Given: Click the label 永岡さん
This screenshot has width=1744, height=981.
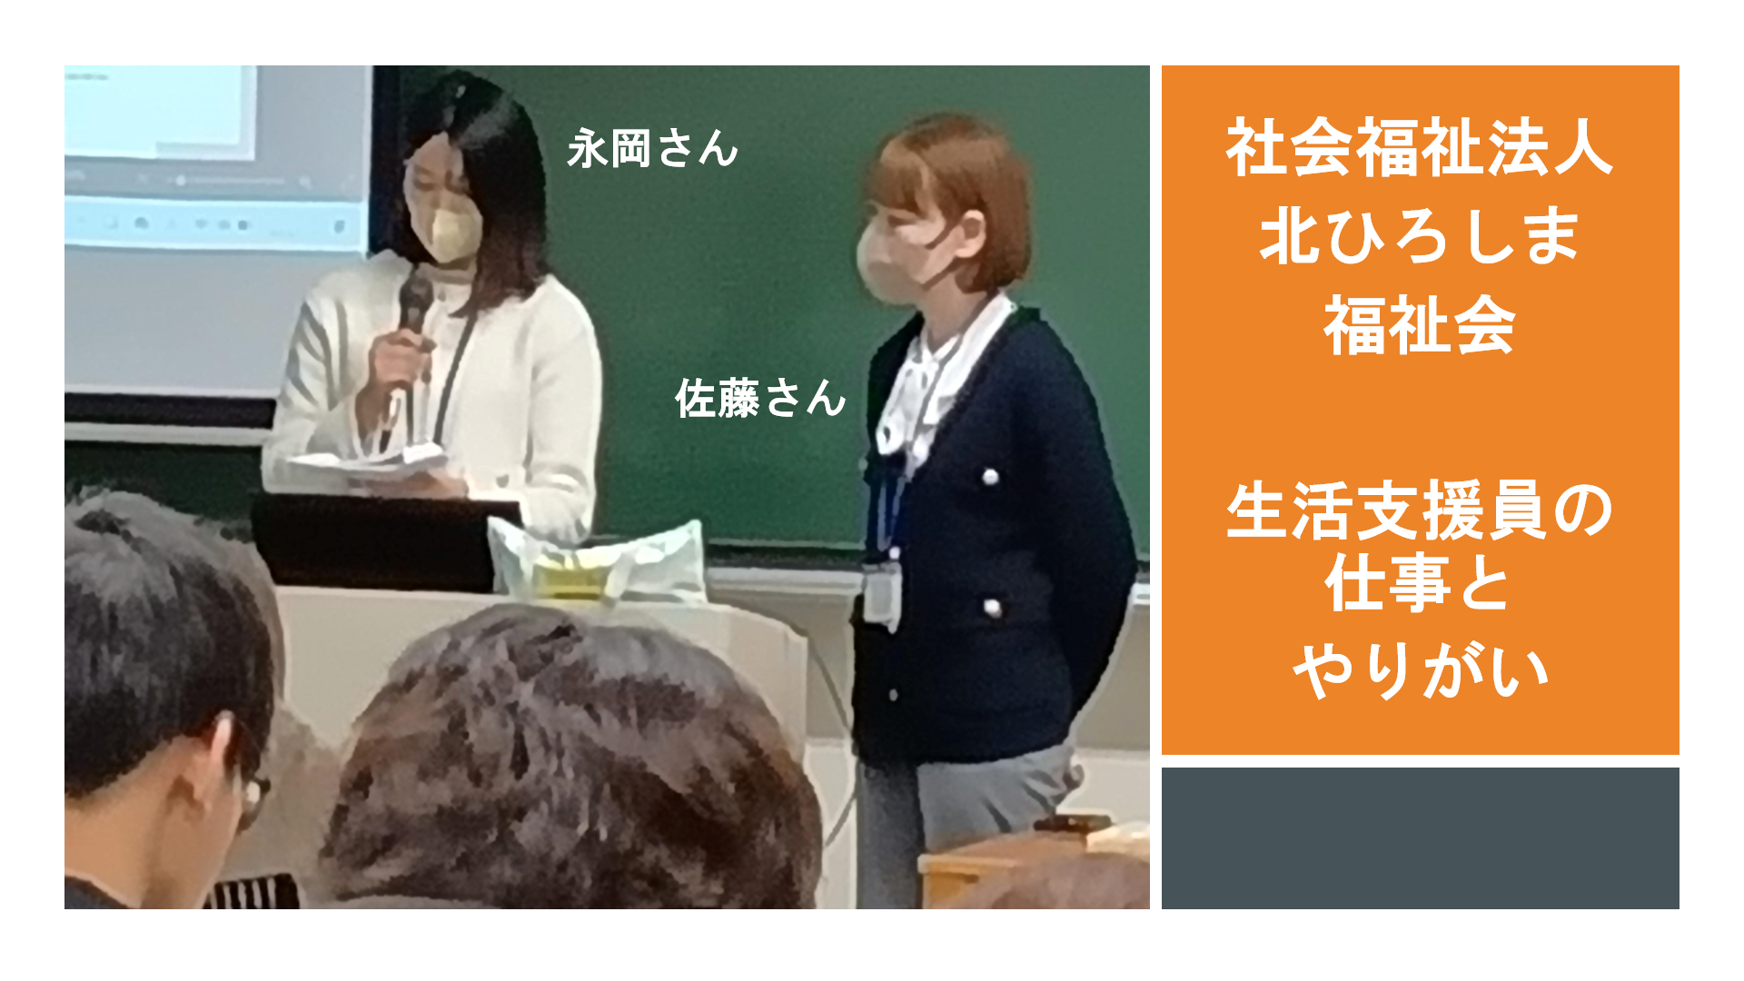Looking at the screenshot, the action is (652, 148).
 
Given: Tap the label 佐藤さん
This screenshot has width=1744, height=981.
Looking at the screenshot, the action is (760, 398).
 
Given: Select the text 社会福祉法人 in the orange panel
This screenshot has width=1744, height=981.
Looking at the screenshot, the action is (1420, 148).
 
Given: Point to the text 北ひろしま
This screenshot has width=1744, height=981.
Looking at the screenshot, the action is (1420, 236).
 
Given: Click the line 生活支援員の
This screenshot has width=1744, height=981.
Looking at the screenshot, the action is (1420, 510).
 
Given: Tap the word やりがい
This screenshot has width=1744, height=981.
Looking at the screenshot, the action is (1420, 671).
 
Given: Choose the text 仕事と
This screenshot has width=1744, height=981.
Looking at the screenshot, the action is (1420, 584).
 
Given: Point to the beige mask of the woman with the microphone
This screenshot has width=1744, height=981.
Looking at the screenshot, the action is (454, 233).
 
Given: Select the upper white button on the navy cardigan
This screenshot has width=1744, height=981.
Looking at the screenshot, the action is (990, 477).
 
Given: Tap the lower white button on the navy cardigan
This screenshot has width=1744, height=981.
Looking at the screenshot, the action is (993, 608).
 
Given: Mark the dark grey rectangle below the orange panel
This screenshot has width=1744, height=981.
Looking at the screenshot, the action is (1420, 837).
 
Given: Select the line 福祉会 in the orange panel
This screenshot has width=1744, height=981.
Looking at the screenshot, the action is (1420, 324).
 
